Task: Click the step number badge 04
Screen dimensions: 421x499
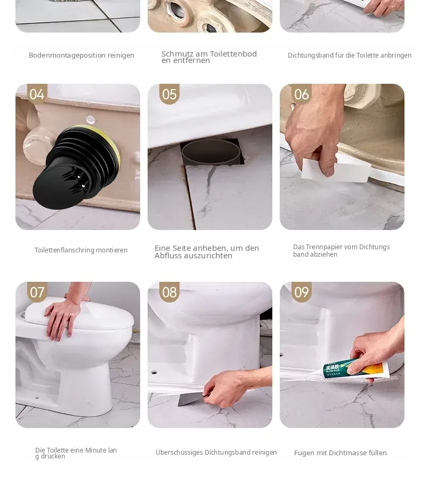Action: point(37,94)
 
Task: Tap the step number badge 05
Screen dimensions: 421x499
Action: point(169,94)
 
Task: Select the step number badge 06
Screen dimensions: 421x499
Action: point(302,94)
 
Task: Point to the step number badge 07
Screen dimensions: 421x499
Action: point(37,292)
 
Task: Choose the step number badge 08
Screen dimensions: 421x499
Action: point(169,292)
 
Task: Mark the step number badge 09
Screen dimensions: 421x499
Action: point(302,292)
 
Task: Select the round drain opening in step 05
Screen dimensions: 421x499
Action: point(211,152)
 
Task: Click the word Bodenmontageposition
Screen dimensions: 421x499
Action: point(67,56)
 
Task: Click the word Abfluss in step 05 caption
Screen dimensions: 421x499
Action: point(167,256)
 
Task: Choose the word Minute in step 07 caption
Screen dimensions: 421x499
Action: point(95,450)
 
